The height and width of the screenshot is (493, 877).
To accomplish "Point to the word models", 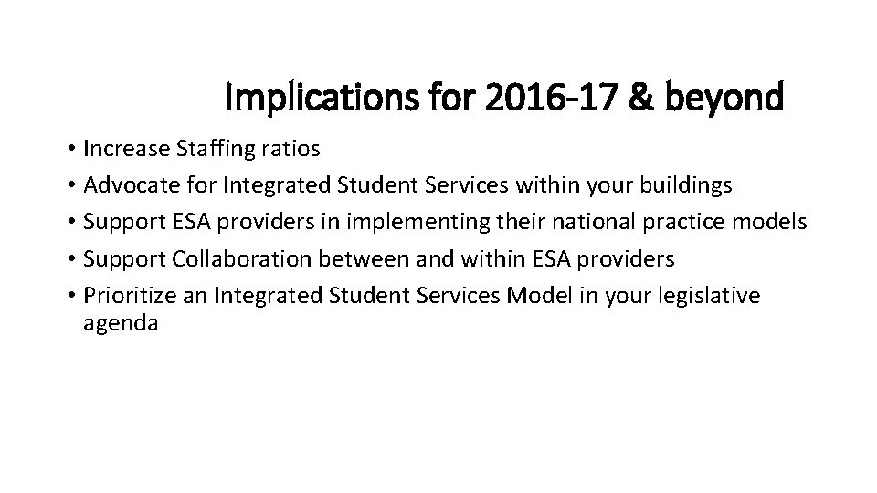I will coord(768,222).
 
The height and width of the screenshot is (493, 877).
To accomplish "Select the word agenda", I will coord(121,323).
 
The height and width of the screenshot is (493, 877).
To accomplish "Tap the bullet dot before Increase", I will coord(70,149).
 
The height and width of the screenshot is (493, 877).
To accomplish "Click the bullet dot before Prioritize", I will coord(70,296).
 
